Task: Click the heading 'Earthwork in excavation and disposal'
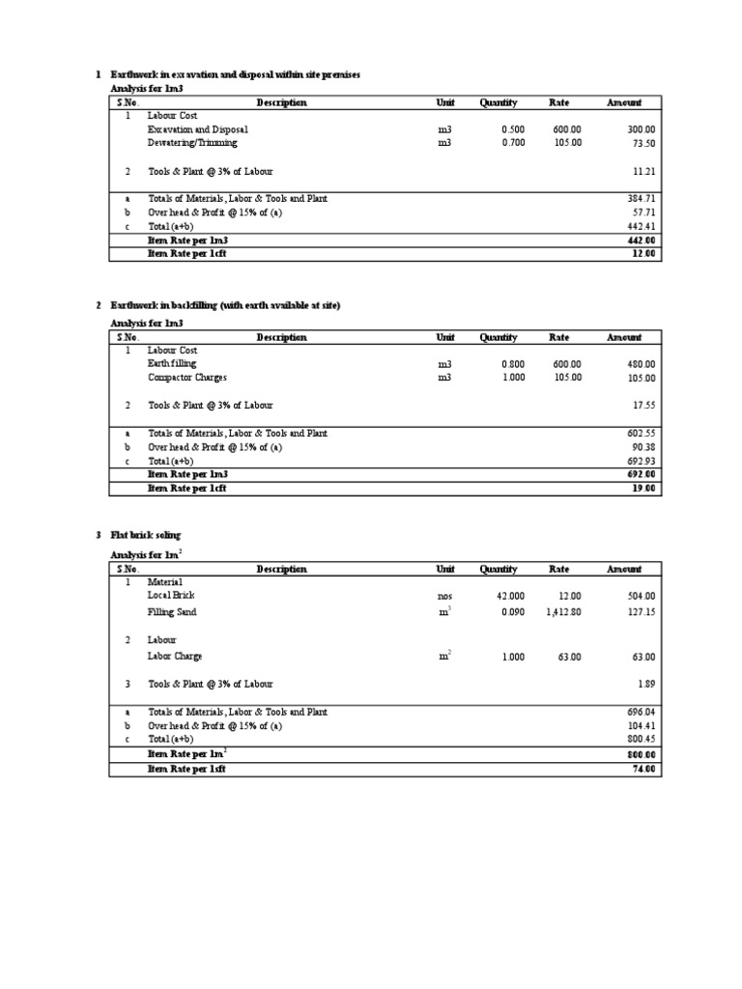pyautogui.click(x=235, y=74)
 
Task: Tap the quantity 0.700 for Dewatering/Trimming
pyautogui.click(x=512, y=143)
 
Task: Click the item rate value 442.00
pyautogui.click(x=641, y=240)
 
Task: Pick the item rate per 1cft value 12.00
pyautogui.click(x=643, y=253)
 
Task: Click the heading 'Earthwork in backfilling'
pyautogui.click(x=225, y=305)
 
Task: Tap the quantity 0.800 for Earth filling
pyautogui.click(x=512, y=364)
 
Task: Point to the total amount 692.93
pyautogui.click(x=641, y=462)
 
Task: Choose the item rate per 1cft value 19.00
pyautogui.click(x=643, y=489)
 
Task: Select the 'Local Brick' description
pyautogui.click(x=171, y=597)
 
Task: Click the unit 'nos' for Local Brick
pyautogui.click(x=444, y=597)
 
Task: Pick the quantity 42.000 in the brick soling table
pyautogui.click(x=510, y=597)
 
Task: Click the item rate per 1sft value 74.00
pyautogui.click(x=643, y=769)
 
